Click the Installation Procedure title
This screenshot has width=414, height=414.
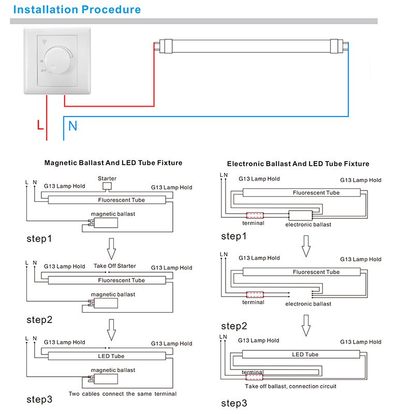pyautogui.click(x=77, y=9)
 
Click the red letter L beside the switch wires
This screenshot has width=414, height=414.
pyautogui.click(x=40, y=125)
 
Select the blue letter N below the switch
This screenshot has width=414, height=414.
pyautogui.click(x=72, y=126)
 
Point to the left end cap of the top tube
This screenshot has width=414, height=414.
pyautogui.click(x=166, y=46)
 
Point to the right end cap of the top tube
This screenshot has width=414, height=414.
pyautogui.click(x=337, y=46)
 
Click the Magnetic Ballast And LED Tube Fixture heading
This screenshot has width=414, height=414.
pyautogui.click(x=113, y=162)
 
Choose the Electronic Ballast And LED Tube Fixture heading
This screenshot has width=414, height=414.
pyautogui.click(x=298, y=164)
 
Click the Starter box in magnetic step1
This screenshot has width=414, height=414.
pyautogui.click(x=107, y=186)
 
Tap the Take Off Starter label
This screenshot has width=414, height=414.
pyautogui.click(x=115, y=266)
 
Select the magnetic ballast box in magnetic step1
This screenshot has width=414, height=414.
pyautogui.click(x=106, y=223)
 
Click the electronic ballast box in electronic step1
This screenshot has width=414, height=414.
pyautogui.click(x=301, y=215)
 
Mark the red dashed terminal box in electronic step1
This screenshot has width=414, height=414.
pyautogui.click(x=255, y=215)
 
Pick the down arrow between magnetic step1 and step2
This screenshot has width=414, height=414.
pyautogui.click(x=111, y=249)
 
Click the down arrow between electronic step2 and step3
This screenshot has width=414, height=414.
pyautogui.click(x=306, y=326)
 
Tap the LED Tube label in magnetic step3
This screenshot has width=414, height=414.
pyautogui.click(x=111, y=356)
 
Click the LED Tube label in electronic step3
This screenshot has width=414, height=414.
pyautogui.click(x=305, y=354)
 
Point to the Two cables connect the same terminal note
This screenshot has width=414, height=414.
pyautogui.click(x=123, y=394)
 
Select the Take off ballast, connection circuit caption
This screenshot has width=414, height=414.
pyautogui.click(x=291, y=386)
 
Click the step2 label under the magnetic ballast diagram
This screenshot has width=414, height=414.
pyautogui.click(x=39, y=320)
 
